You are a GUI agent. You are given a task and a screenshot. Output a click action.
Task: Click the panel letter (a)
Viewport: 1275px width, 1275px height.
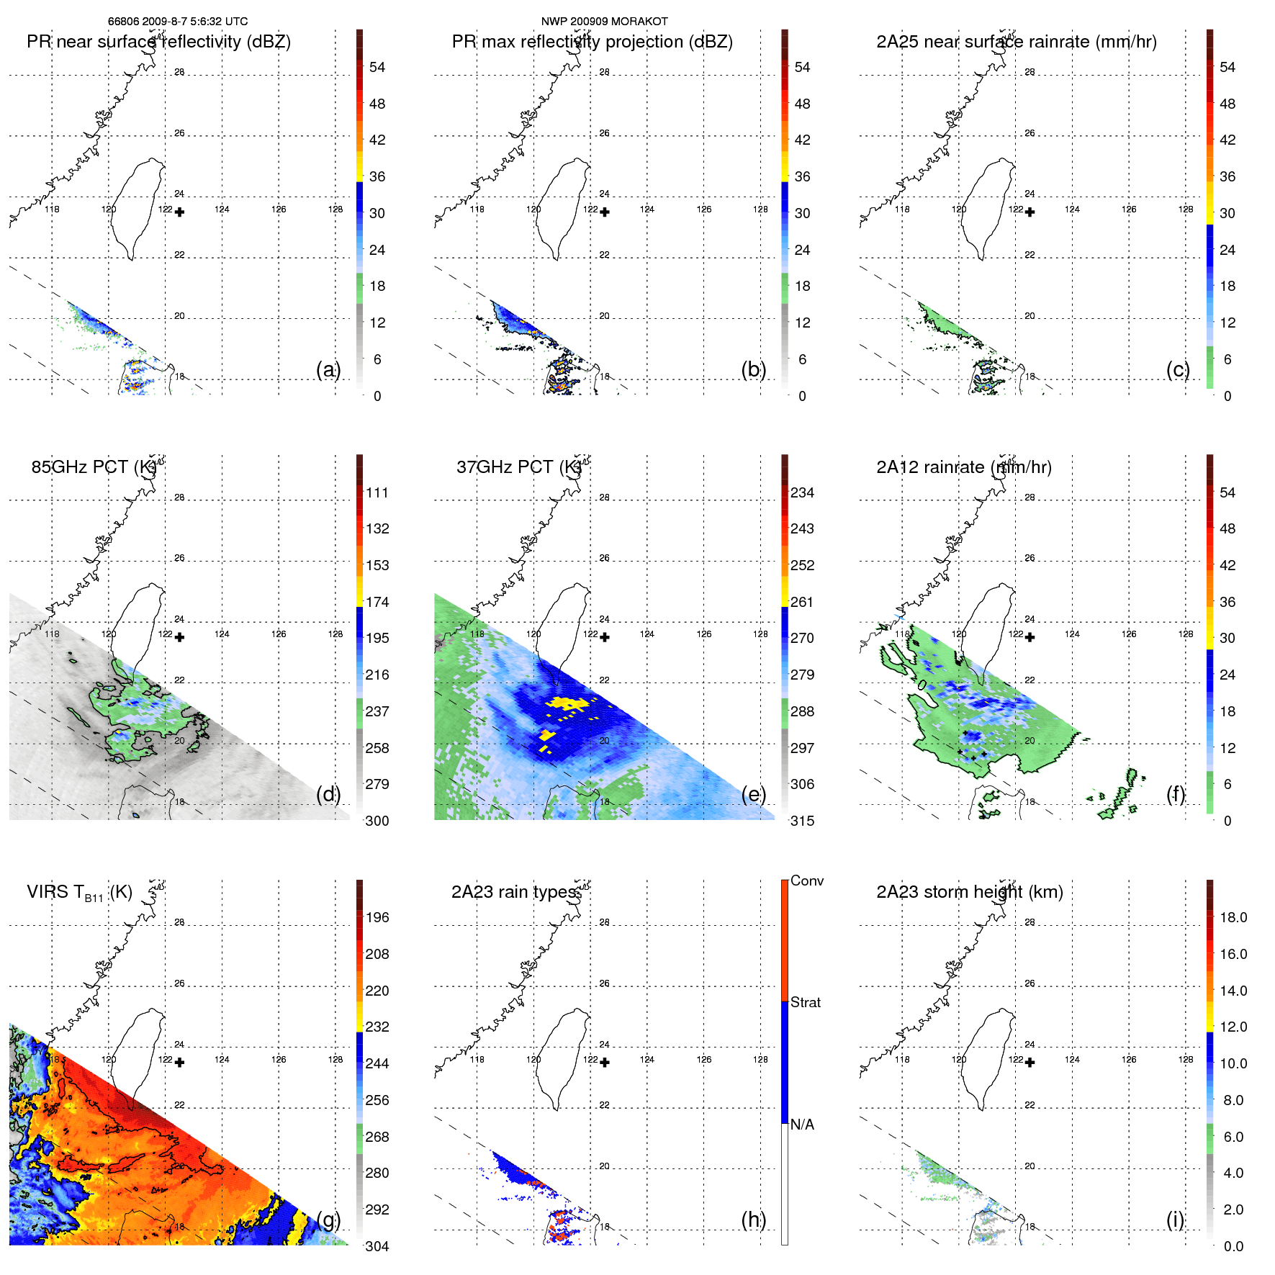tap(328, 370)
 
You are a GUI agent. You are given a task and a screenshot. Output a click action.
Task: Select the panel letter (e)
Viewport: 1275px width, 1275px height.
tap(753, 795)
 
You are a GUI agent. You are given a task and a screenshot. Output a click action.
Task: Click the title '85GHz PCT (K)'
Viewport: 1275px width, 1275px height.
tap(94, 467)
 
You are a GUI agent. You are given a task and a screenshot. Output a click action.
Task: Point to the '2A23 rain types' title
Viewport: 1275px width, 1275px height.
tap(514, 892)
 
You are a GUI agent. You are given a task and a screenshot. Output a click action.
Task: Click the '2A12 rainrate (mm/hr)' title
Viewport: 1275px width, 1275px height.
tap(963, 467)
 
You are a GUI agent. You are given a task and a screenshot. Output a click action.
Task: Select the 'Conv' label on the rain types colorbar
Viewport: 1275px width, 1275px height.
tap(806, 880)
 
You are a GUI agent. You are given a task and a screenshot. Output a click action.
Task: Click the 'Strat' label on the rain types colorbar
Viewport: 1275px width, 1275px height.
tap(805, 1002)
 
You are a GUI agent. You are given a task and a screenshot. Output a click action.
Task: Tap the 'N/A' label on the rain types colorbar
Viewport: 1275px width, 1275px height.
tap(802, 1125)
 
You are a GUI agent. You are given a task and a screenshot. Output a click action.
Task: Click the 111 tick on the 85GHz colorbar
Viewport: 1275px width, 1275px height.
tap(377, 492)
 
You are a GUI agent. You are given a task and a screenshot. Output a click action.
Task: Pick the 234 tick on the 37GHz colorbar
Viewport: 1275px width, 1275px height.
tap(802, 492)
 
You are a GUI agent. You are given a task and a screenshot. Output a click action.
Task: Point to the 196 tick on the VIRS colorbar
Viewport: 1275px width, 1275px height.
tap(377, 917)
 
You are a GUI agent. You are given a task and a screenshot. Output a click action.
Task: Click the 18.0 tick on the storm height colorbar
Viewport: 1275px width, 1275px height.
tap(1233, 917)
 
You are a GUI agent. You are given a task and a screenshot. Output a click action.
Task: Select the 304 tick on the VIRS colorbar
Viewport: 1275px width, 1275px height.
tap(377, 1246)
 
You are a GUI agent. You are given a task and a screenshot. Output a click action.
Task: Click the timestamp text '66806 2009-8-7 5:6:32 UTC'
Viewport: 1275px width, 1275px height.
tap(178, 22)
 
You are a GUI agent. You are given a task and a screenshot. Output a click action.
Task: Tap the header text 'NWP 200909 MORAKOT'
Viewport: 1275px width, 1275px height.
tap(604, 22)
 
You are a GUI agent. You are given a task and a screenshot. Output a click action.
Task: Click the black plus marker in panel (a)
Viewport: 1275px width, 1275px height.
tap(179, 212)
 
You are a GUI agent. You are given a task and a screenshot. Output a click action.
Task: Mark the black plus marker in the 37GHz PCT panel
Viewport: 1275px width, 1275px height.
tap(605, 637)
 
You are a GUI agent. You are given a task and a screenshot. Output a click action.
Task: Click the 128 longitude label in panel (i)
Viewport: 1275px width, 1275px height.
tap(1185, 1059)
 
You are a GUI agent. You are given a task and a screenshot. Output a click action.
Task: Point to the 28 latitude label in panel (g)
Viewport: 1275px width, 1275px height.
tap(179, 922)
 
